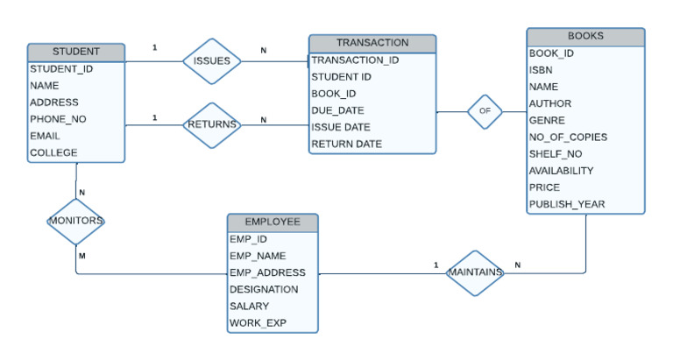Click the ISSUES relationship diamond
click(x=211, y=61)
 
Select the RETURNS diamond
click(x=211, y=124)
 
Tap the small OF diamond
click(x=485, y=111)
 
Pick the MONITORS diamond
click(x=75, y=221)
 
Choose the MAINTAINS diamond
click(x=475, y=272)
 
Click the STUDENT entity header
click(x=75, y=52)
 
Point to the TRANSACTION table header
click(x=372, y=42)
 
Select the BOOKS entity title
click(x=585, y=36)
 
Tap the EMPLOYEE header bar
click(x=273, y=222)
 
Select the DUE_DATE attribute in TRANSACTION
click(x=338, y=110)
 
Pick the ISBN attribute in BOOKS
click(x=540, y=70)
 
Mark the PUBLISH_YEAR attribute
click(x=567, y=204)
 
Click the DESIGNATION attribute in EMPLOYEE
click(x=264, y=289)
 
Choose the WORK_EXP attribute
click(x=258, y=323)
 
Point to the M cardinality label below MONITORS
click(x=81, y=256)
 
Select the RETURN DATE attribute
click(x=346, y=144)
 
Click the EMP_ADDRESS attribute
click(x=266, y=272)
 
